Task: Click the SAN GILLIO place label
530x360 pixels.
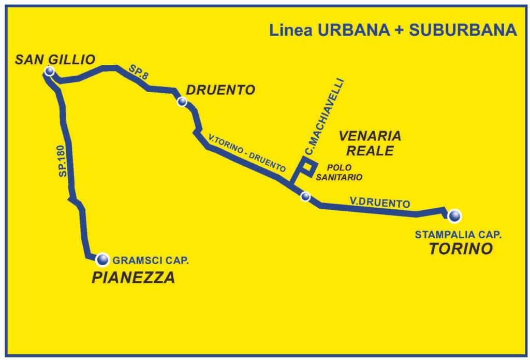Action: pos(55,60)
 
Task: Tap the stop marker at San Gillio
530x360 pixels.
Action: pos(49,72)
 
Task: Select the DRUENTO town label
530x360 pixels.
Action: pos(220,90)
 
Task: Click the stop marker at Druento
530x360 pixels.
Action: pos(182,102)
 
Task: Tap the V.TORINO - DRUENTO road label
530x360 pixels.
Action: pos(247,153)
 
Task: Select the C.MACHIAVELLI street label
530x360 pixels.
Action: pos(323,117)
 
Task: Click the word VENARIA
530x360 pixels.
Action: pos(370,136)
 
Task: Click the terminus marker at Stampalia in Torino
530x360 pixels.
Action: pos(454,215)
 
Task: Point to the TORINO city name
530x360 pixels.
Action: pos(461,249)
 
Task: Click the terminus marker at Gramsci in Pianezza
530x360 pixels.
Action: pos(102,259)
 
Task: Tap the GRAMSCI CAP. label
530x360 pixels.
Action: pos(151,261)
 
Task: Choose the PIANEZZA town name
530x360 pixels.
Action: pos(134,278)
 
